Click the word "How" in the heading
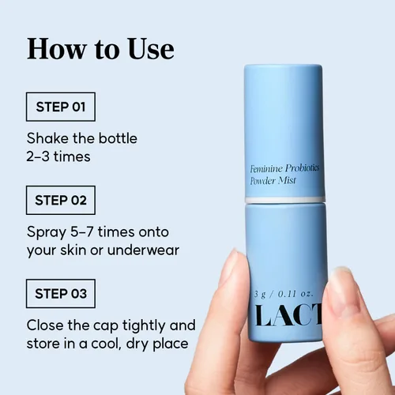point(57,49)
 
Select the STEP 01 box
point(61,107)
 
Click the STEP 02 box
point(61,200)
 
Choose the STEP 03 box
point(61,294)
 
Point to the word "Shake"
point(47,138)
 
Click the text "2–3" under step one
point(38,156)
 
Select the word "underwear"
point(143,250)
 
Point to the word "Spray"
point(47,233)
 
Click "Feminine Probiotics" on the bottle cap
point(284,168)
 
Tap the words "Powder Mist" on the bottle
point(273,181)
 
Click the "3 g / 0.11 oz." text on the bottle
point(284,294)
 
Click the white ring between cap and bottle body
point(284,200)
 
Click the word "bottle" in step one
point(118,138)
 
